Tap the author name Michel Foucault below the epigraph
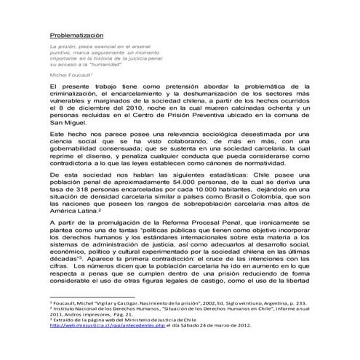tap(71, 74)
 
